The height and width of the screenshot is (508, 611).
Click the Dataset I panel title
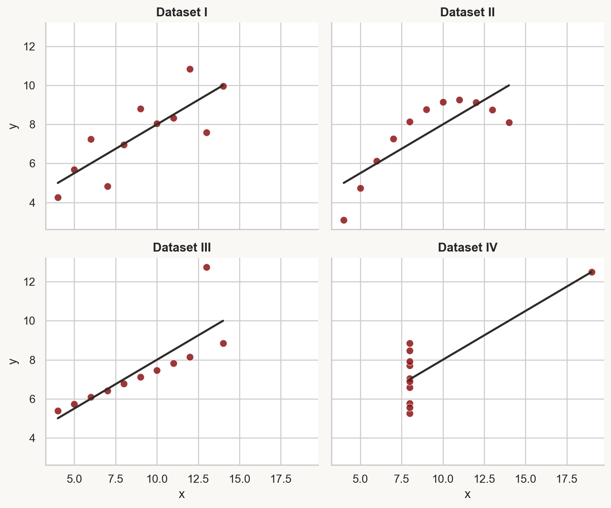point(182,12)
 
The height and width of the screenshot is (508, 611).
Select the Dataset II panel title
point(468,12)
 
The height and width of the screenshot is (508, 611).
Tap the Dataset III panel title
point(182,248)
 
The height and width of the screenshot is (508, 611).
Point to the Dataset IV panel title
point(468,248)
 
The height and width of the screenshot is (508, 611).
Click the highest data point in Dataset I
point(190,69)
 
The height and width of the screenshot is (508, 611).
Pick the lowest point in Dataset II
point(344,220)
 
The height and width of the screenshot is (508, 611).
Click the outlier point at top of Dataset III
point(207,267)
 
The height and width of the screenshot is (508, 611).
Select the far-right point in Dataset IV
point(592,272)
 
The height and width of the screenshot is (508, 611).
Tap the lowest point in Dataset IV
point(410,413)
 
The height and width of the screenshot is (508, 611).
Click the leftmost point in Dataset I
point(58,197)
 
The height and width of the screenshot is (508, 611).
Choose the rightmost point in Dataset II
point(509,122)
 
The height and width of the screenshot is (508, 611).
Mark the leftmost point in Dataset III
point(58,411)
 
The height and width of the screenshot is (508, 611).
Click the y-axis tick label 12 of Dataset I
point(31,47)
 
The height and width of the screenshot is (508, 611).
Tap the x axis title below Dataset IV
point(468,494)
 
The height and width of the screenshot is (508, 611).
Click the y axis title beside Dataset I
point(14,125)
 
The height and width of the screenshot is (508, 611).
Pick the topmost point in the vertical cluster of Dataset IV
point(410,343)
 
